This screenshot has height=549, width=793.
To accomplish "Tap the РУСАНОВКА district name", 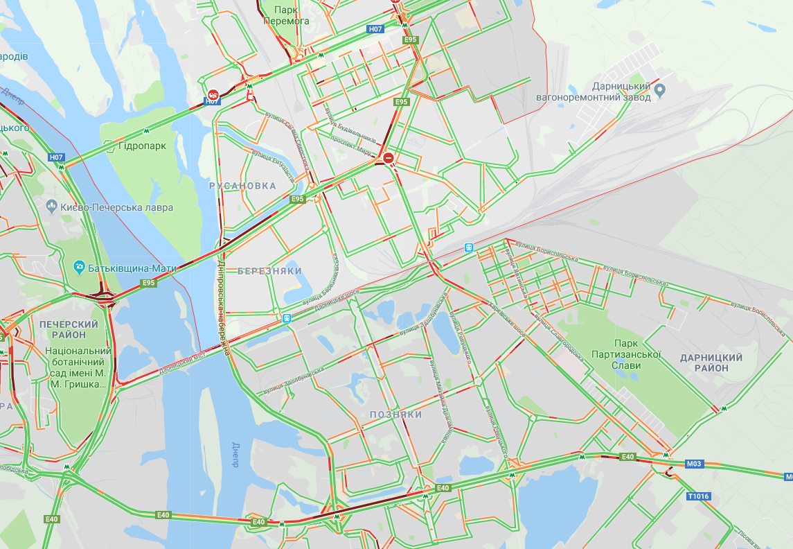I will (x=242, y=186).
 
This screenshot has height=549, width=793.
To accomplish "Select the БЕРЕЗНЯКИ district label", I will (x=270, y=271).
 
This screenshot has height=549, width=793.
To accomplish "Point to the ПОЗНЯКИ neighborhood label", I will (x=396, y=414).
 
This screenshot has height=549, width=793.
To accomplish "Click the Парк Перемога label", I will (x=286, y=15).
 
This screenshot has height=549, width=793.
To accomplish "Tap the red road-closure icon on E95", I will (x=389, y=159).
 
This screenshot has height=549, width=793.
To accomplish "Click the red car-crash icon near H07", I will (x=213, y=94).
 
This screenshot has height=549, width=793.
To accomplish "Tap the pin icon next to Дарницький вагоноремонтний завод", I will (x=660, y=89).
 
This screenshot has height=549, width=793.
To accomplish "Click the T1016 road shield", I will (x=698, y=496).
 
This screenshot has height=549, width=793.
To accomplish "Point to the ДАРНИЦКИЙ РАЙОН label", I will (x=711, y=363).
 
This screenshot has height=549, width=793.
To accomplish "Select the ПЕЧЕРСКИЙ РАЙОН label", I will (x=69, y=329).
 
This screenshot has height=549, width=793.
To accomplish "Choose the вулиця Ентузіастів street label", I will (x=273, y=166).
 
